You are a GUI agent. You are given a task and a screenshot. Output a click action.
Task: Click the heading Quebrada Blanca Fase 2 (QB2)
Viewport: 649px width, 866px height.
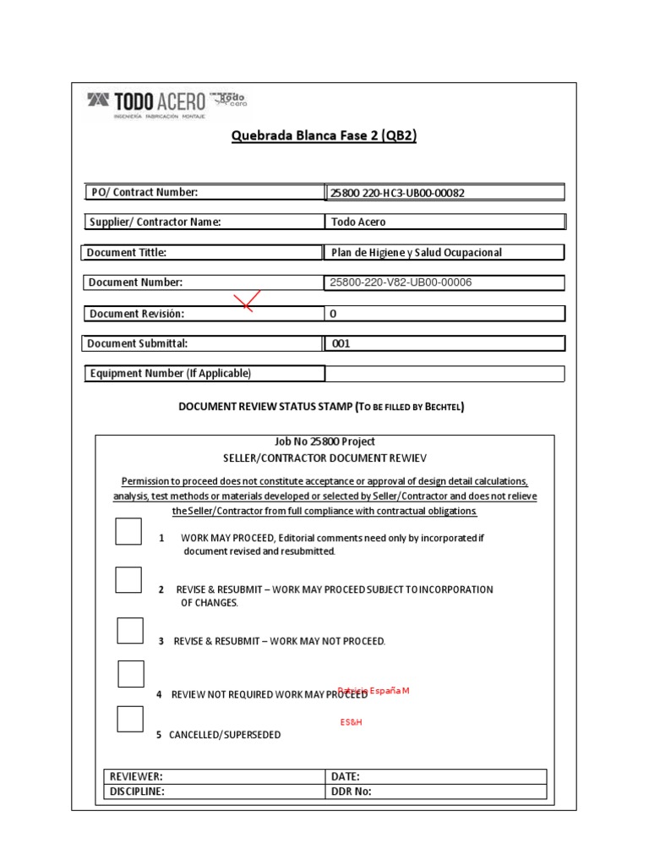click(324, 137)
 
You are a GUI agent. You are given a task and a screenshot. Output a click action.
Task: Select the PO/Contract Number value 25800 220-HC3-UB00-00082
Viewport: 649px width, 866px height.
click(396, 193)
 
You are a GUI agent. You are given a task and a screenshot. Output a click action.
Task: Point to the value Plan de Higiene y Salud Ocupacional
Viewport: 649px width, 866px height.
click(417, 253)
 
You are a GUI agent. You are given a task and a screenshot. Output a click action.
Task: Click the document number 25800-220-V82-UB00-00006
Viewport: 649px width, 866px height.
click(401, 282)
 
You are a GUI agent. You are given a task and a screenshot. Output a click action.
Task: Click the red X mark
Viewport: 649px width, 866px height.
click(247, 300)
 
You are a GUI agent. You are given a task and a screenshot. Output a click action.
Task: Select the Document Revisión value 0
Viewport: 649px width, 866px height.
click(333, 314)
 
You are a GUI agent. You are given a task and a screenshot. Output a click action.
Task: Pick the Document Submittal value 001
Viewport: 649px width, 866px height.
click(341, 344)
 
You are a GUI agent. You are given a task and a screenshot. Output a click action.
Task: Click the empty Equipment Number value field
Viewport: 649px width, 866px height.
click(444, 374)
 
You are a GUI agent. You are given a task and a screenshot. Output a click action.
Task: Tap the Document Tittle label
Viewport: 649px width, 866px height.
click(127, 253)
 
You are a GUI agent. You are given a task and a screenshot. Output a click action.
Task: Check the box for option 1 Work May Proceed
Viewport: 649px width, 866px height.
click(128, 532)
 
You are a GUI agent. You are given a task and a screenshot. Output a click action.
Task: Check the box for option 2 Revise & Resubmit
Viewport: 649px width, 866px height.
click(128, 580)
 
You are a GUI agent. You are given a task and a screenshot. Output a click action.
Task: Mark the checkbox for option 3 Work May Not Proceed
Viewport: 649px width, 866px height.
click(130, 631)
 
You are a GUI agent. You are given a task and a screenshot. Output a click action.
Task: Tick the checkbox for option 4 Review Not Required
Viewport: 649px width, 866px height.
click(131, 674)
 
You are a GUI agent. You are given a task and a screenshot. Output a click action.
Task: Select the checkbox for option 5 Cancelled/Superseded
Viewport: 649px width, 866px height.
click(130, 718)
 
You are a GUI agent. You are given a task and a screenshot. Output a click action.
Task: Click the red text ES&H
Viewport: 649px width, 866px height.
click(351, 723)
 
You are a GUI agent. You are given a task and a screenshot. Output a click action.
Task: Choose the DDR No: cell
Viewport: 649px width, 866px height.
click(436, 792)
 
